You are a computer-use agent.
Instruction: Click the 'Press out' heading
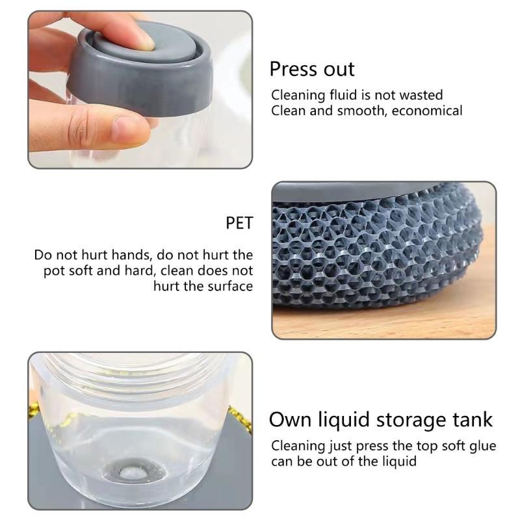click(312, 69)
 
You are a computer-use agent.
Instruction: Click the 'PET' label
click(239, 224)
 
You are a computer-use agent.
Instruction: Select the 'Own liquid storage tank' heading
click(381, 419)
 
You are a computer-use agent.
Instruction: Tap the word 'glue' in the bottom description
click(481, 446)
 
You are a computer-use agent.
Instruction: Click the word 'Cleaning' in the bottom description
click(298, 447)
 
